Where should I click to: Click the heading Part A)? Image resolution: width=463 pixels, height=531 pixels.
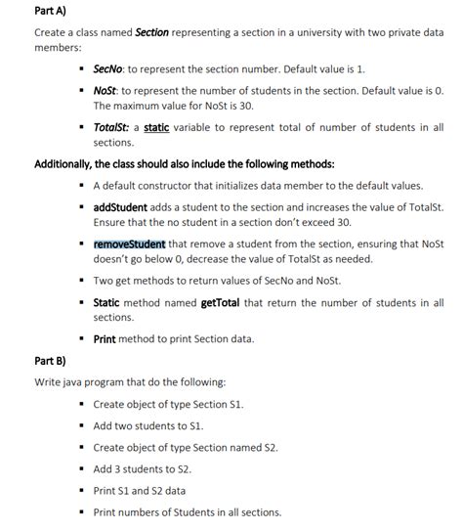51,11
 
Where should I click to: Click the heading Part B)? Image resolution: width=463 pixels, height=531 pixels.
51,360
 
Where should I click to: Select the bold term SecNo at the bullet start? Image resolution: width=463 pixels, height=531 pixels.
106,70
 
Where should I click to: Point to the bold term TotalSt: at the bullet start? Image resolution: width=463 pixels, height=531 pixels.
113,127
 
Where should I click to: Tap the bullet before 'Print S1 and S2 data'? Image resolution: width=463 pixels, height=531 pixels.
82,491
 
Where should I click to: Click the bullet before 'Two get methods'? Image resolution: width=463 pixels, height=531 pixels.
82,281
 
